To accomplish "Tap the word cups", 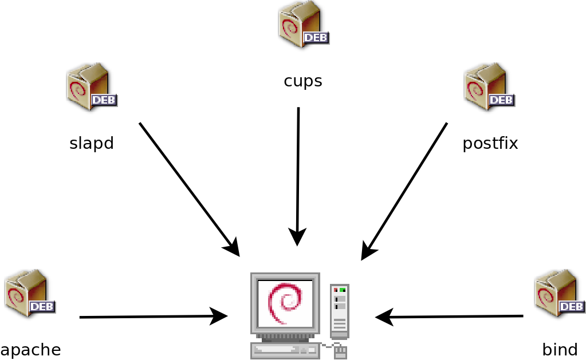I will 303,81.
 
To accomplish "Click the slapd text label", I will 92,144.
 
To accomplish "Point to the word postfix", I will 490,144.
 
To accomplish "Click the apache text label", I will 30,350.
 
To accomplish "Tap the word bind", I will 560,350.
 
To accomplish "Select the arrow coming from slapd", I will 189,189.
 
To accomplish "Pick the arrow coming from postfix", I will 404,191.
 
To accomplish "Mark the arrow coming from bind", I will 449,317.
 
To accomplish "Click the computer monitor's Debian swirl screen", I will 285,303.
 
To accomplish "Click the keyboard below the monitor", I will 285,350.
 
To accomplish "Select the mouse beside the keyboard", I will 340,351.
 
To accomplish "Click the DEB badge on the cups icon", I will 316,38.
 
